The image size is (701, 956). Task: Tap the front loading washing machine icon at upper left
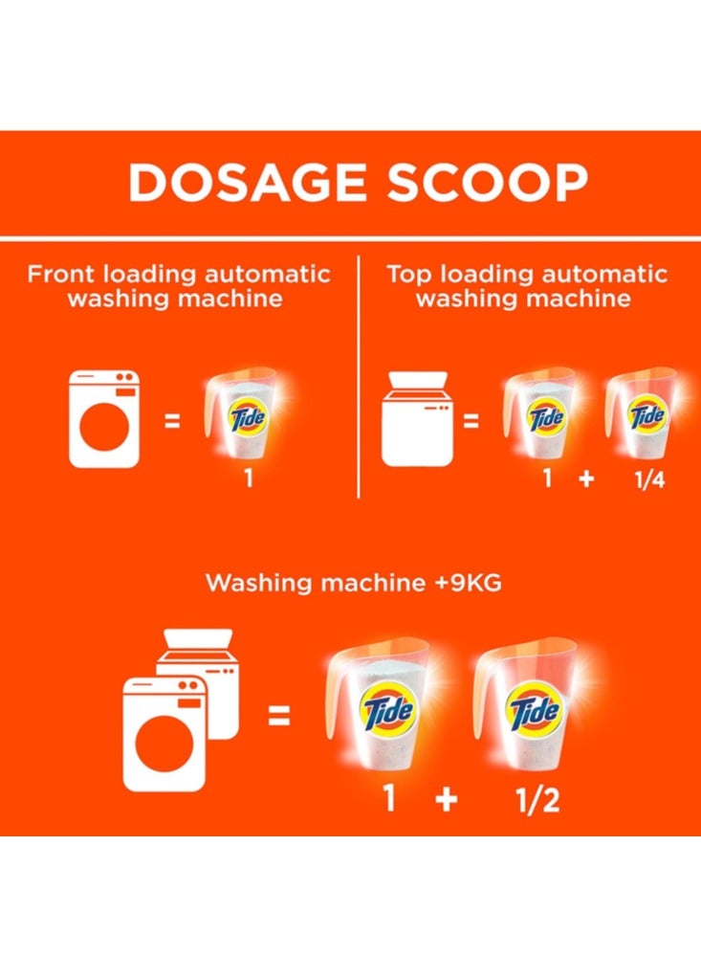pyautogui.click(x=104, y=419)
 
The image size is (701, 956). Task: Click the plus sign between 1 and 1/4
pyautogui.click(x=585, y=479)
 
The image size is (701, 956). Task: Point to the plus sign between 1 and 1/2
pyautogui.click(x=446, y=798)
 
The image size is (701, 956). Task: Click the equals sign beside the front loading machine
pyautogui.click(x=172, y=418)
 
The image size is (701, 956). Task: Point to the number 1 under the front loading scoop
pyautogui.click(x=248, y=478)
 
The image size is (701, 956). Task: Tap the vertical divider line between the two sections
pyautogui.click(x=359, y=373)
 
